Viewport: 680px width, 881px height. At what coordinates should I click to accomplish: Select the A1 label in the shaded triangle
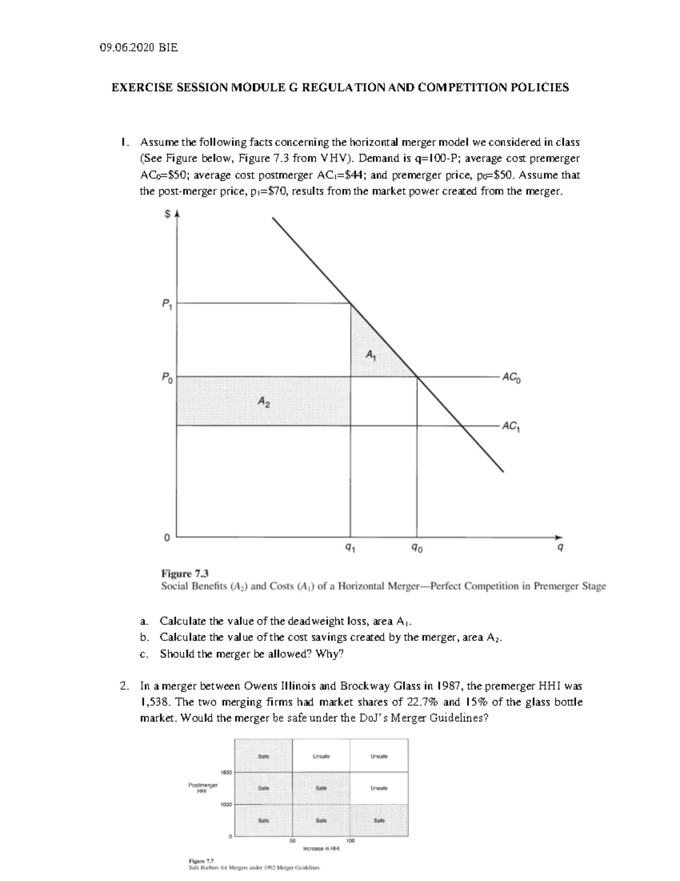[x=370, y=356]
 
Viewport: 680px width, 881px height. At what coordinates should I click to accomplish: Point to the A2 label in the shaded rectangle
[x=263, y=402]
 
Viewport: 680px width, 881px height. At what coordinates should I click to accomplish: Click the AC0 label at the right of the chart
[x=512, y=378]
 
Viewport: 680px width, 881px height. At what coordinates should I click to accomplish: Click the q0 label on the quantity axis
[x=417, y=548]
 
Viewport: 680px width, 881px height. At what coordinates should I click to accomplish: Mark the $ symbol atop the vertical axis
[x=167, y=214]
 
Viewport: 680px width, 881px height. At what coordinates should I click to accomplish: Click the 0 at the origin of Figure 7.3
[x=166, y=537]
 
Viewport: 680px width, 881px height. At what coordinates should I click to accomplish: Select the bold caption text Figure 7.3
[x=185, y=574]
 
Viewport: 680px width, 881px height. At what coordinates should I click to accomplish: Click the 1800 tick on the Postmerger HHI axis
[x=225, y=772]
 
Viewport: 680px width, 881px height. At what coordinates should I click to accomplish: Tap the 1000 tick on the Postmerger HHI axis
[x=225, y=804]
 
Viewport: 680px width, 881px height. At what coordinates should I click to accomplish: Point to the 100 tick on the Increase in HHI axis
[x=350, y=841]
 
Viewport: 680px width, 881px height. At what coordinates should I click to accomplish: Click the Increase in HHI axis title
[x=321, y=849]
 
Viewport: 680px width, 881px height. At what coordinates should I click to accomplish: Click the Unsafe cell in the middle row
[x=378, y=788]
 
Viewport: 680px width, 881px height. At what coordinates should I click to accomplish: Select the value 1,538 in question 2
[x=154, y=702]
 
